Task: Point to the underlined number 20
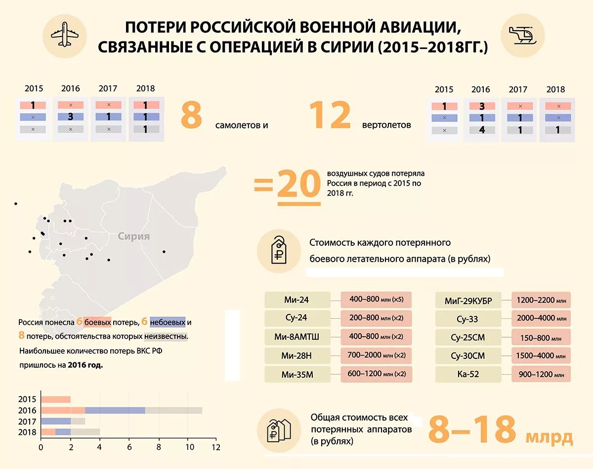pyautogui.click(x=298, y=186)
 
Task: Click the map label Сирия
pyautogui.click(x=133, y=236)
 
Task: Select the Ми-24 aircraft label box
pyautogui.click(x=297, y=299)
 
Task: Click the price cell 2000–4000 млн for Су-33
pyautogui.click(x=541, y=318)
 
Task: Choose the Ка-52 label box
pyautogui.click(x=468, y=375)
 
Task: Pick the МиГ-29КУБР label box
pyautogui.click(x=468, y=300)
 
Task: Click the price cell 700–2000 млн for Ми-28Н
pyautogui.click(x=376, y=355)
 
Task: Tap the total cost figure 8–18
pyautogui.click(x=472, y=430)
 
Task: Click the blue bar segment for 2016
pyautogui.click(x=115, y=410)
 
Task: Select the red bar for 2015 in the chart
pyautogui.click(x=55, y=399)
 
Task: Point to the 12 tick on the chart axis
pyautogui.click(x=215, y=447)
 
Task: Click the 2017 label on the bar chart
pyautogui.click(x=27, y=422)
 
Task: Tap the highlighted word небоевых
pyautogui.click(x=168, y=322)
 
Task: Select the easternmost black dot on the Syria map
pyautogui.click(x=164, y=252)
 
